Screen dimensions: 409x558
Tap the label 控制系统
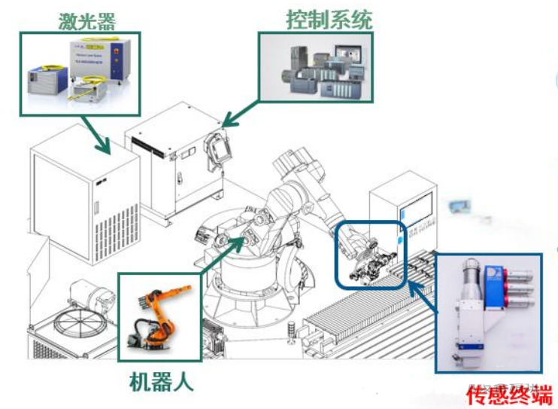pyautogui.click(x=329, y=19)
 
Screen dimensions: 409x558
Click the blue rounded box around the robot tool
pyautogui.click(x=370, y=254)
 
